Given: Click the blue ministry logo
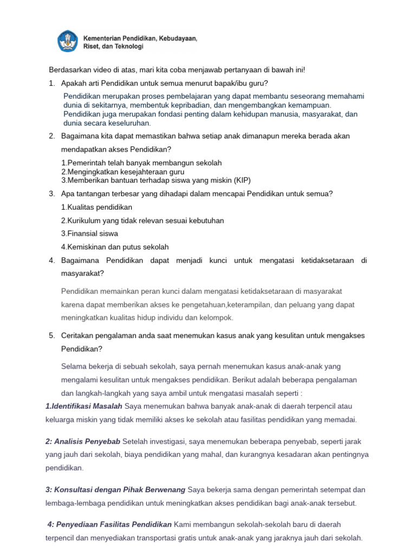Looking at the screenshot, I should (68, 42).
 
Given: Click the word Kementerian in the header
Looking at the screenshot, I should (103, 38).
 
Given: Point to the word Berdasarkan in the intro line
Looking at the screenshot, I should (70, 70).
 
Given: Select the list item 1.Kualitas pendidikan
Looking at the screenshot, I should (96, 207).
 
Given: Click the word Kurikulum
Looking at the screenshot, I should (83, 221).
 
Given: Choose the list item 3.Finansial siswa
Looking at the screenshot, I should (89, 234).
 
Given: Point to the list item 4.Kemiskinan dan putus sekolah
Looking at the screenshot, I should (115, 247).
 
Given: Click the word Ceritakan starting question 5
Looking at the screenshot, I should (79, 335).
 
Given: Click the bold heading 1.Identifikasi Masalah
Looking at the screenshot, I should (83, 406).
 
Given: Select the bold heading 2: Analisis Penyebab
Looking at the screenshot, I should (83, 441).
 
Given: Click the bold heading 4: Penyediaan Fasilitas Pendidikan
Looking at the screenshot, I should (109, 524).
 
